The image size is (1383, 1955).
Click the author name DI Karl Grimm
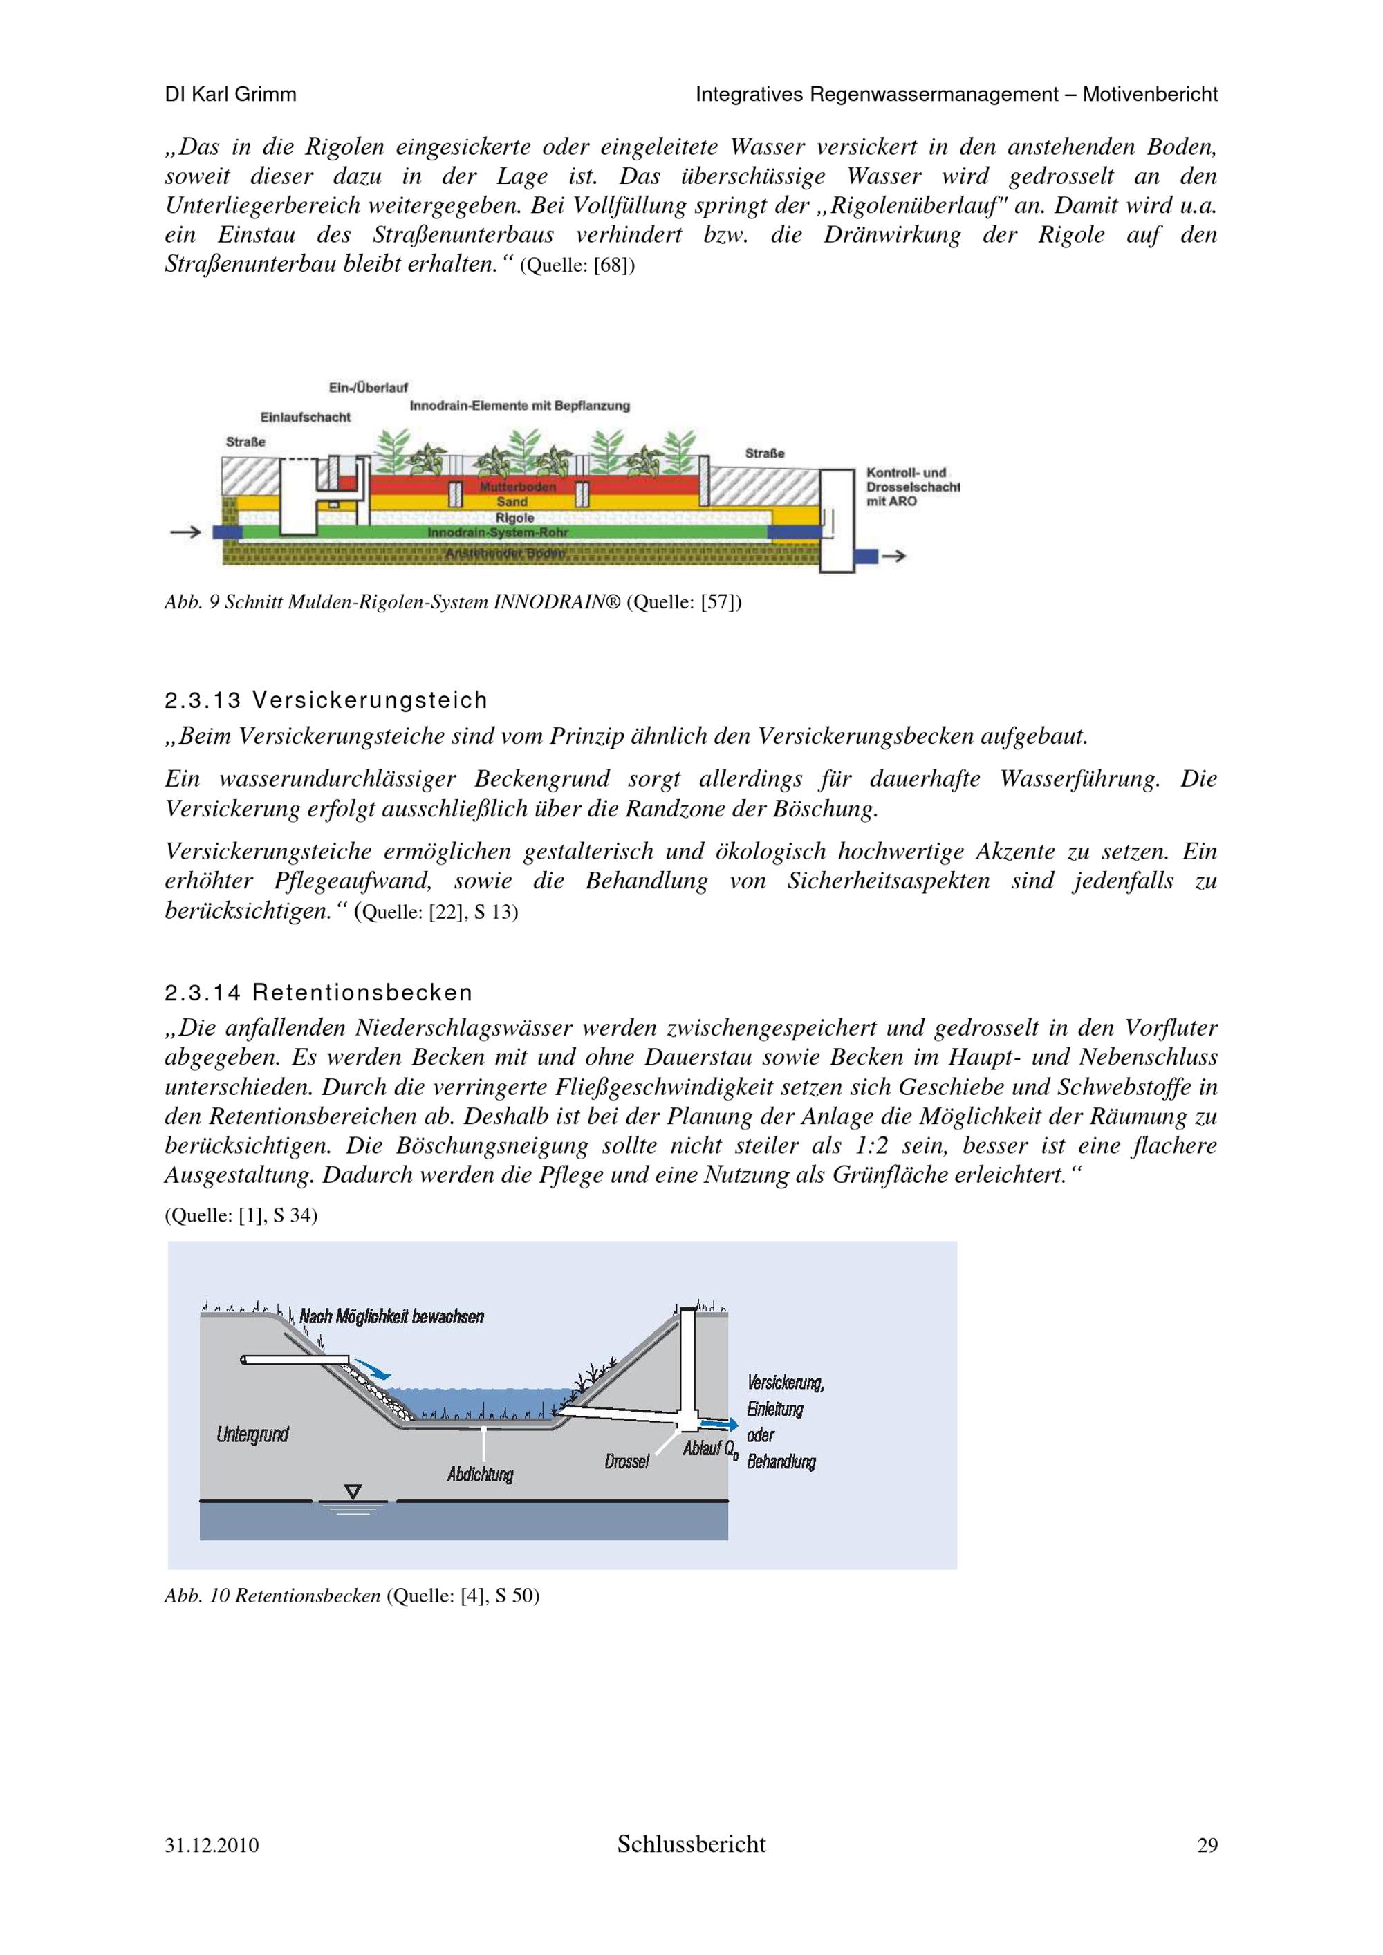231,95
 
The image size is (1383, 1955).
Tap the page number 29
1207,1845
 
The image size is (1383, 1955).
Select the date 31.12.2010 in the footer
212,1845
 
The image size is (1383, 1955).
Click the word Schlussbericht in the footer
691,1844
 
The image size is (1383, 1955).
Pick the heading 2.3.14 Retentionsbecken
319,993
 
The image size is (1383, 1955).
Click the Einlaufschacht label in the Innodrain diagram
305,418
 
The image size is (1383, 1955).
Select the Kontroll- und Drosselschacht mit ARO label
911,487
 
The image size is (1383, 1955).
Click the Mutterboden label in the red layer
517,487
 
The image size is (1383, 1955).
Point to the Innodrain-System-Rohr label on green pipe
497,533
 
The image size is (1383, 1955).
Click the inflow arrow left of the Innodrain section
185,532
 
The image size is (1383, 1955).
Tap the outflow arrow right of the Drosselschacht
893,556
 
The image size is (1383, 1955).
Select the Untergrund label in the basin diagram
252,1434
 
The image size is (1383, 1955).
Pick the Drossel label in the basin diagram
626,1462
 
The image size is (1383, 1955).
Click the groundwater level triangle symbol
353,1491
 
